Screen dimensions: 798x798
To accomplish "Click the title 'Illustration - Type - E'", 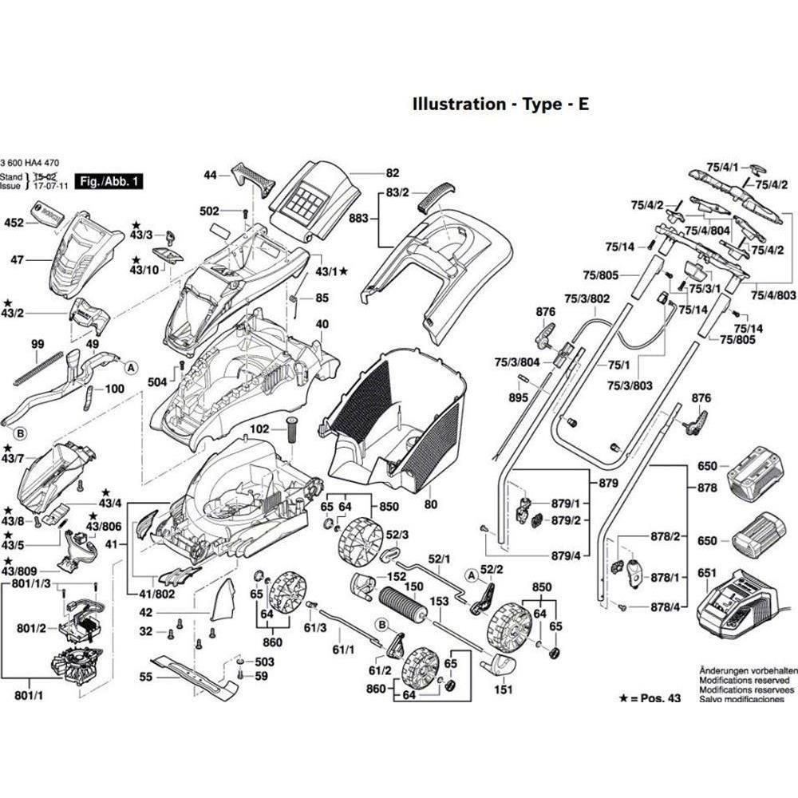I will (500, 104).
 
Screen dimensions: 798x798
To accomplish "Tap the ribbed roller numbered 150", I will (403, 604).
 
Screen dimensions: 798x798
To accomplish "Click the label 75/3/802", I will (588, 298).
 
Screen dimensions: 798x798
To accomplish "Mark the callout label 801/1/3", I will (32, 583).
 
